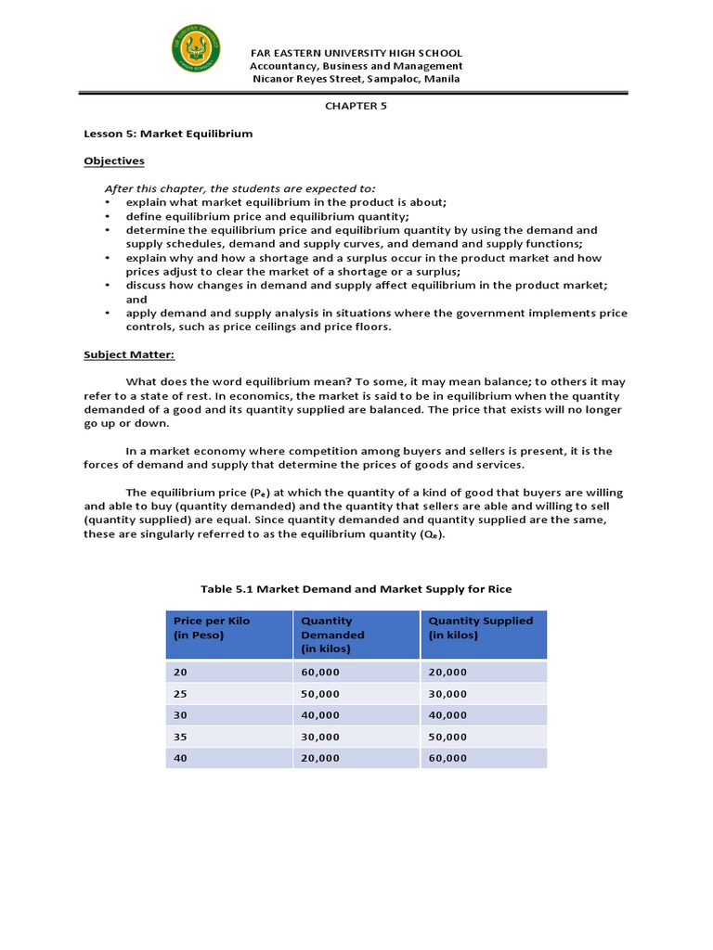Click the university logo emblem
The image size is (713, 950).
pos(197,53)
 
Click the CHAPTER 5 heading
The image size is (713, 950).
pos(356,106)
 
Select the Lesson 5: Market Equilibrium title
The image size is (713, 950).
pos(168,134)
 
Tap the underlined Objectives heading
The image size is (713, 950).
pos(114,160)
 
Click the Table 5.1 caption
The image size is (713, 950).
pos(356,589)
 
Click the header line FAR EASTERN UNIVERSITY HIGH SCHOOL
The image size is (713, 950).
pos(356,54)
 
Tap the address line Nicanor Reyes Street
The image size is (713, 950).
pos(356,79)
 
